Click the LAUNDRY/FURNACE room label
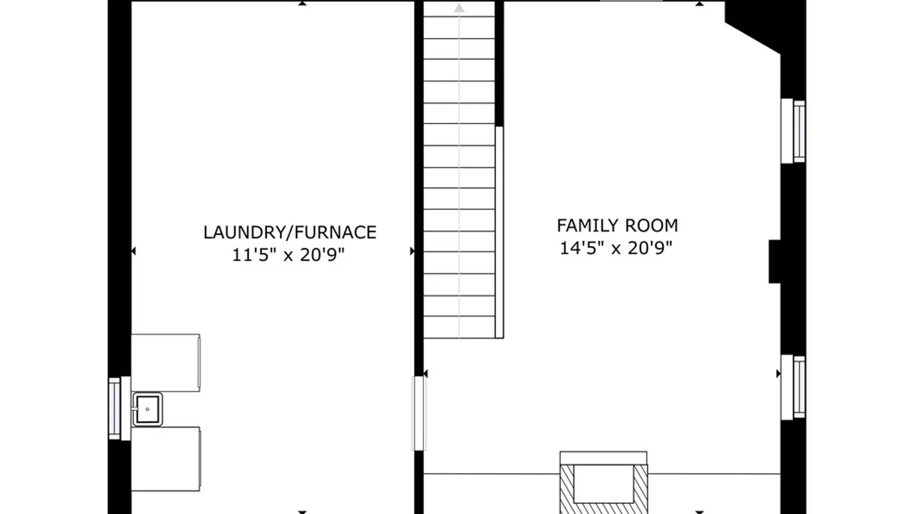click(x=290, y=232)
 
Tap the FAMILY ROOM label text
click(x=617, y=226)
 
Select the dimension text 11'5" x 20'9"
click(x=288, y=255)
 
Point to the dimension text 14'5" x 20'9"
click(x=616, y=248)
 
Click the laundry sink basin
click(x=147, y=409)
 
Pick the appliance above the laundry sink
click(x=165, y=363)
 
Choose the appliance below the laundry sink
click(x=165, y=459)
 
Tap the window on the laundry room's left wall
click(x=115, y=408)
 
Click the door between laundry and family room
click(x=418, y=413)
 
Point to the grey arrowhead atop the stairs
click(x=459, y=8)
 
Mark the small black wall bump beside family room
click(x=775, y=262)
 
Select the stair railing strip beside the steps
click(x=499, y=232)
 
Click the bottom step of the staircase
click(x=459, y=327)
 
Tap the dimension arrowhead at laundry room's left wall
click(x=134, y=251)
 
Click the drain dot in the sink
click(x=147, y=409)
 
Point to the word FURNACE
click(x=336, y=232)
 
